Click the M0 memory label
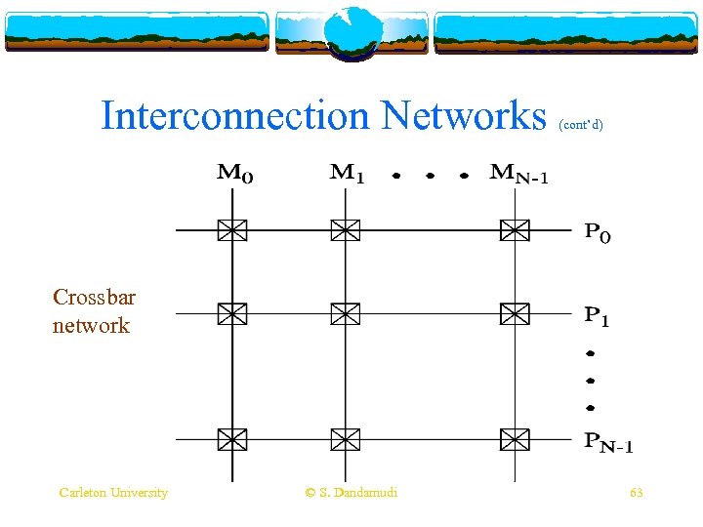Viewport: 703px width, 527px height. click(234, 176)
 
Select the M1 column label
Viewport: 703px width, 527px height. click(348, 175)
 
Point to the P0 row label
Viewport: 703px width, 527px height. click(598, 234)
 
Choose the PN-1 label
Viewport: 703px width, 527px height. click(608, 444)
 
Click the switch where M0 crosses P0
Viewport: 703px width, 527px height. click(231, 230)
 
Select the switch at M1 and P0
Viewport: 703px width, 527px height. click(345, 230)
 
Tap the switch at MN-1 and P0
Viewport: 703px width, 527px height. click(514, 230)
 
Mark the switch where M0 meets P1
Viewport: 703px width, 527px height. click(231, 314)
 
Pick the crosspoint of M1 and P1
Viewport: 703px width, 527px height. click(345, 314)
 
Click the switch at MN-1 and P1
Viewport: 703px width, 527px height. click(514, 314)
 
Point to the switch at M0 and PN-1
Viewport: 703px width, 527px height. click(231, 440)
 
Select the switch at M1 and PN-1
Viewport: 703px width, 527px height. click(345, 440)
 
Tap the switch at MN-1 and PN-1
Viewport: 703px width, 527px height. click(514, 440)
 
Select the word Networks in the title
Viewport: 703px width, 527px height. click(464, 115)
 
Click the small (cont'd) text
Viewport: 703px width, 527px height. click(581, 125)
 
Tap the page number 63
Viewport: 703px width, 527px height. click(636, 493)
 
